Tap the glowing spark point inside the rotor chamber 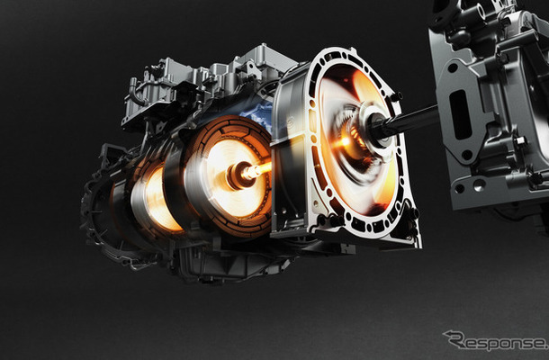(x=346, y=141)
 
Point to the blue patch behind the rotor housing (x=257, y=113)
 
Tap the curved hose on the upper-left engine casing (x=135, y=92)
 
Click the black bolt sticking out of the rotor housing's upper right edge (x=396, y=96)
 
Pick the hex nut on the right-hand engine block (x=519, y=141)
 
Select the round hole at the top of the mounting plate (x=453, y=67)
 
